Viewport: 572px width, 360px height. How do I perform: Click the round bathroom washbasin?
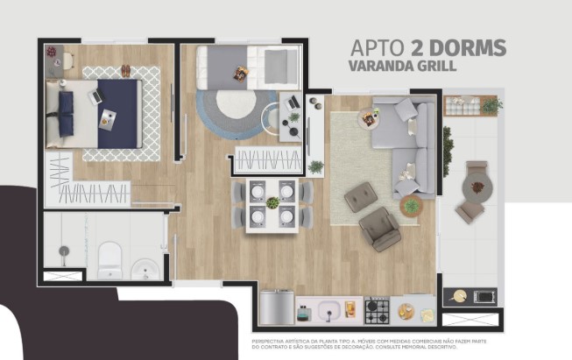144,269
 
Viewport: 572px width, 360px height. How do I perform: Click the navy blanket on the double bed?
118,113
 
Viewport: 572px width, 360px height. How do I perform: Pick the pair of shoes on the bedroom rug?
125,71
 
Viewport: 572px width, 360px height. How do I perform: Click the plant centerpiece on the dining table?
272,203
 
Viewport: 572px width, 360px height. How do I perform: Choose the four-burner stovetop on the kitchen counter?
377,309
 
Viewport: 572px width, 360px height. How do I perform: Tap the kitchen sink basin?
330,310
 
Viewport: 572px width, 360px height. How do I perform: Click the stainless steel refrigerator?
277,307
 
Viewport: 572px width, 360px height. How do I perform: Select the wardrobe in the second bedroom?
268,160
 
